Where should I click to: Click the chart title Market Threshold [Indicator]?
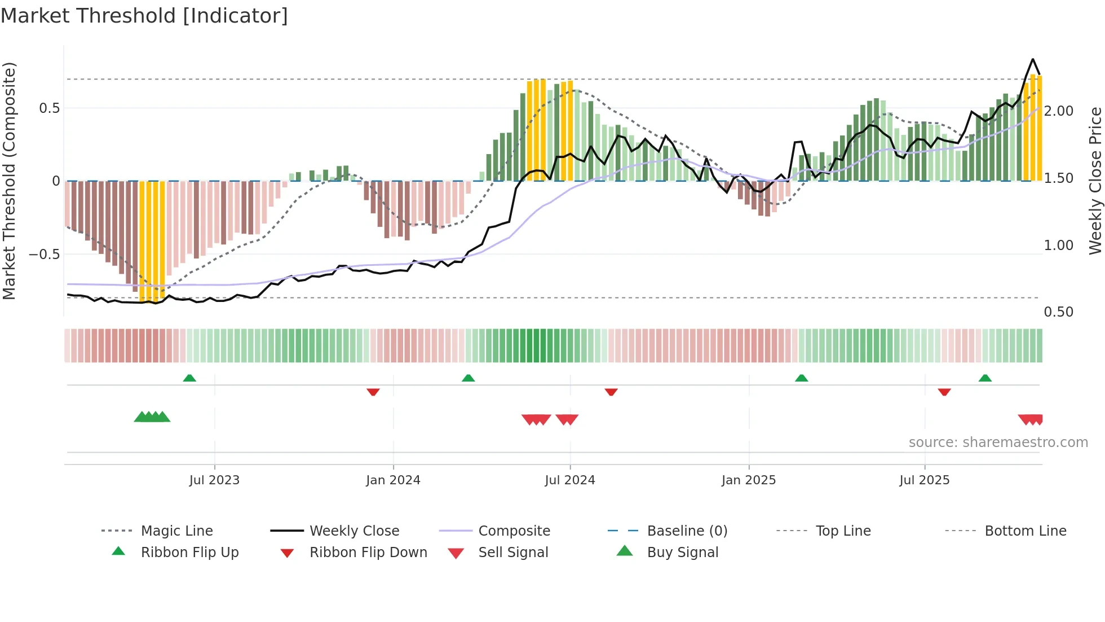(144, 16)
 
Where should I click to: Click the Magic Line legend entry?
(176, 531)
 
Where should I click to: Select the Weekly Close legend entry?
(354, 531)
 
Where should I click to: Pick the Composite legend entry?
(514, 531)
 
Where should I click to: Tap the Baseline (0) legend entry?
(687, 531)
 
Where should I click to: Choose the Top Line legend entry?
(843, 531)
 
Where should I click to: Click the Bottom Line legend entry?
(1025, 531)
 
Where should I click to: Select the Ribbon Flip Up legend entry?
(189, 553)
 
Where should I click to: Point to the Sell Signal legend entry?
(512, 553)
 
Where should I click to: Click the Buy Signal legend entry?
(682, 553)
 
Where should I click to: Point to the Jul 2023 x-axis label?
(214, 480)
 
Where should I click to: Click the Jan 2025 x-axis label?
(749, 480)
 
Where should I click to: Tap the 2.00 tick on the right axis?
(1058, 111)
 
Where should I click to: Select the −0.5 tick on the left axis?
(45, 255)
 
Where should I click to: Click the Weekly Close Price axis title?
(1095, 181)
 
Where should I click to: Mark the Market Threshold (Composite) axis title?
(9, 181)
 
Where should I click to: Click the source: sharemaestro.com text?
(998, 443)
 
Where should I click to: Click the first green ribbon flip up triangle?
(189, 378)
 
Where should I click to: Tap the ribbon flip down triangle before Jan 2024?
(373, 392)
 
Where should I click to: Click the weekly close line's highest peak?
(1033, 59)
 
